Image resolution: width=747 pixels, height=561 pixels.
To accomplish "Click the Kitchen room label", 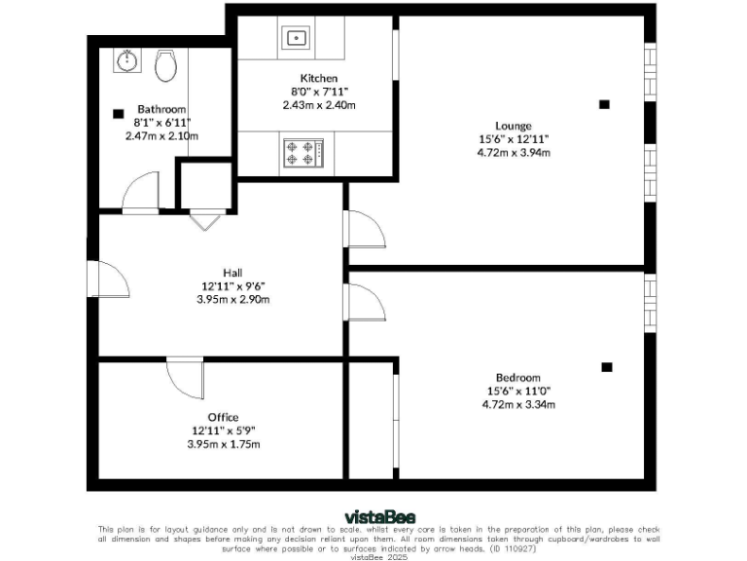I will (319, 78).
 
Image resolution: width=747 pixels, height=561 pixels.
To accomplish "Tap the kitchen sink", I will (296, 39).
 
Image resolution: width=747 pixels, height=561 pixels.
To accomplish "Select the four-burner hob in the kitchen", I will (300, 153).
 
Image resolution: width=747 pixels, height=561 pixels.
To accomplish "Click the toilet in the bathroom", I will (165, 66).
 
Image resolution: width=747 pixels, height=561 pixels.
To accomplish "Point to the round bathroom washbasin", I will (126, 61).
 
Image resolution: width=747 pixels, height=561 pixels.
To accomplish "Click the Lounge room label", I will (513, 126).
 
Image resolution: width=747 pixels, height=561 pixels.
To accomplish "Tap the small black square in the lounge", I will (604, 104).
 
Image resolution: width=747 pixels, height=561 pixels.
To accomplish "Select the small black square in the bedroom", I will (606, 367).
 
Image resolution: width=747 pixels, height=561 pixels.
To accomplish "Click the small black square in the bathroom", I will (120, 113).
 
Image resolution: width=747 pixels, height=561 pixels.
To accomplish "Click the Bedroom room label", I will (517, 378).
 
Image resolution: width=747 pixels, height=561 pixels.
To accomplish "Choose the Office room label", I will (223, 417).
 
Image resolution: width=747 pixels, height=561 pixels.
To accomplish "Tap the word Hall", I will (232, 273).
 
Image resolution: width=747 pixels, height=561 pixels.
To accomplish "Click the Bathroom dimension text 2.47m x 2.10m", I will (161, 136).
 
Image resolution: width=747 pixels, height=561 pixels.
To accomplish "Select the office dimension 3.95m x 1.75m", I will (223, 444).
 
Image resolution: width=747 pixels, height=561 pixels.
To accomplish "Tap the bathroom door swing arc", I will (141, 190).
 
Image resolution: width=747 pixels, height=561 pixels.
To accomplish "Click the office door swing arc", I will (185, 380).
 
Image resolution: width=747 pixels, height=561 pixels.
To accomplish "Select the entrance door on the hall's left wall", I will (109, 282).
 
